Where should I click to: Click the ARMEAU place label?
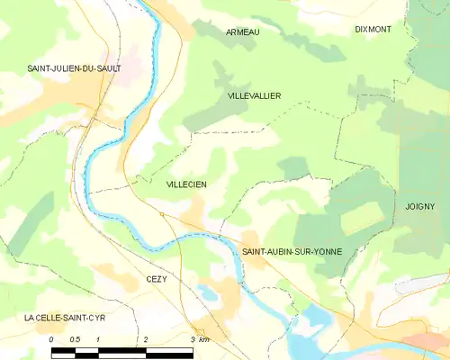click(x=242, y=32)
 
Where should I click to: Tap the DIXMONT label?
click(x=373, y=30)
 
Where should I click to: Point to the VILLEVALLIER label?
click(x=255, y=94)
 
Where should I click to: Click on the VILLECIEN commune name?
click(x=186, y=184)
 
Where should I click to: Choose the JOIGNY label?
click(x=420, y=206)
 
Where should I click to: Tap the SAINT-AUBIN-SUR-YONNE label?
click(x=292, y=251)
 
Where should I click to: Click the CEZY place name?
click(x=157, y=280)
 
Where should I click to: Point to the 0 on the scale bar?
click(x=51, y=339)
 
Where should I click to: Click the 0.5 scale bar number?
click(x=76, y=339)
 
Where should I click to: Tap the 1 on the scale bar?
click(x=98, y=339)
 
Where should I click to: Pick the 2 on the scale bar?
click(x=145, y=339)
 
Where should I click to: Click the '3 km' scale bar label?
click(x=200, y=339)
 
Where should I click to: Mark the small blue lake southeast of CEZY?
click(x=208, y=293)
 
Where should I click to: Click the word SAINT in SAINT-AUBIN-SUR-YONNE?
click(x=256, y=251)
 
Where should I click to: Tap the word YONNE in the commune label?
click(x=327, y=251)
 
